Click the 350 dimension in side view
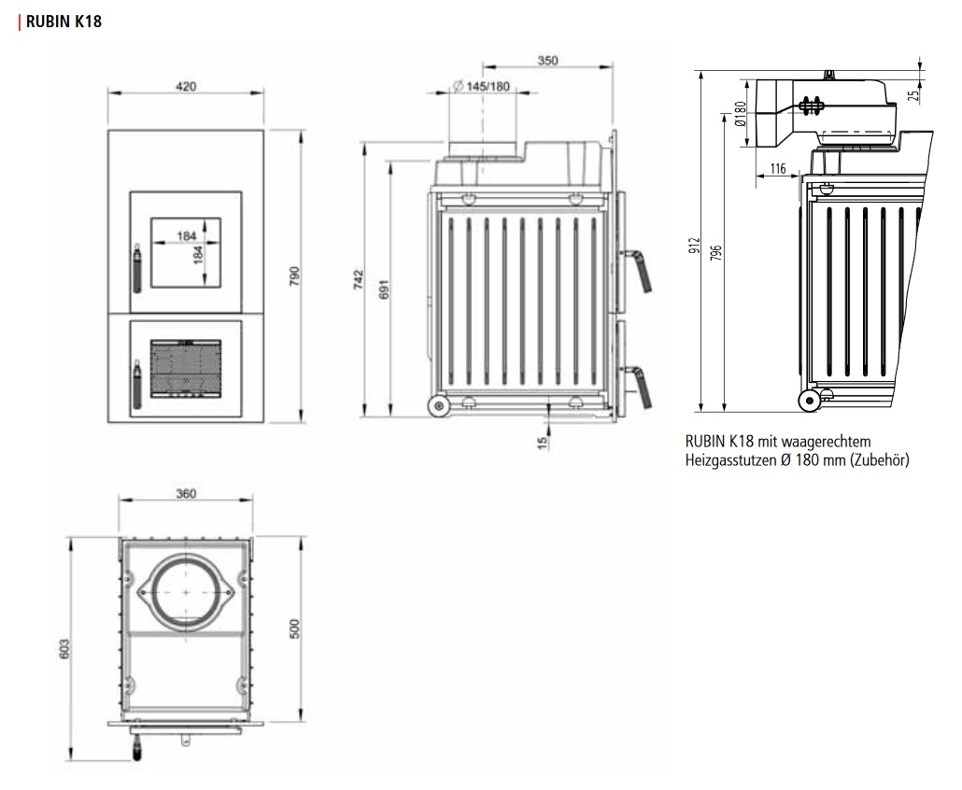pyautogui.click(x=548, y=61)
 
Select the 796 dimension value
pyautogui.click(x=716, y=253)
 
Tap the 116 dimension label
pyautogui.click(x=777, y=169)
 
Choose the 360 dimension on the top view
pyautogui.click(x=185, y=494)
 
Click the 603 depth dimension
pyautogui.click(x=65, y=650)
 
